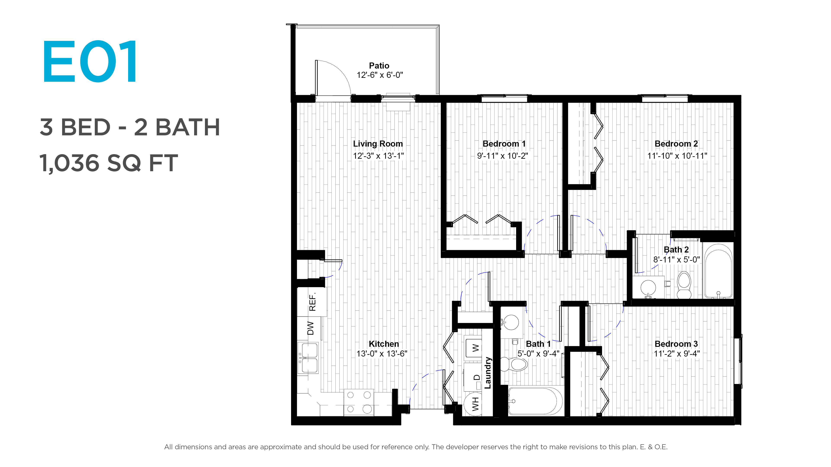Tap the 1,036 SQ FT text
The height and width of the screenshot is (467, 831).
click(x=108, y=163)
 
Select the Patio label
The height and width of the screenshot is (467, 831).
click(x=379, y=66)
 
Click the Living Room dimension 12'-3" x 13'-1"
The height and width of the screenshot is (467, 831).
click(x=378, y=156)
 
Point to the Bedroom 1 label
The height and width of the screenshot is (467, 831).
click(x=504, y=144)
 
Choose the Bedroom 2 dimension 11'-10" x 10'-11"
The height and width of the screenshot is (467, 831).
click(x=677, y=156)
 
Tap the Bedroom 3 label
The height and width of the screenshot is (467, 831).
click(x=676, y=344)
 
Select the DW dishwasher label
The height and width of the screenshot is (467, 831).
click(x=310, y=328)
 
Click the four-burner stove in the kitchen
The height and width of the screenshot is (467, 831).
click(x=359, y=402)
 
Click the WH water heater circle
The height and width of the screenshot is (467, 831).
click(x=473, y=404)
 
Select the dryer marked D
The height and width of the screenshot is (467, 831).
click(x=473, y=377)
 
